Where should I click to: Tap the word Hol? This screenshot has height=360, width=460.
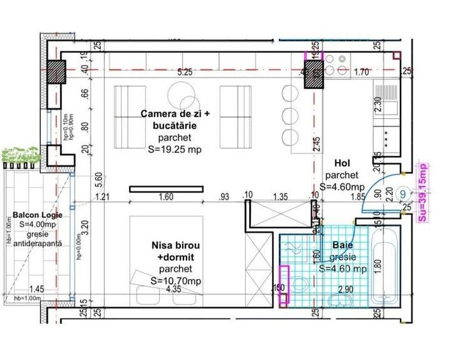(336, 164)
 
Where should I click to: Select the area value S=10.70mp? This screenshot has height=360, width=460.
(175, 280)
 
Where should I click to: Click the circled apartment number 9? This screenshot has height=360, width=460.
(402, 192)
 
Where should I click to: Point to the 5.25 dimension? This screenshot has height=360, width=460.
(185, 72)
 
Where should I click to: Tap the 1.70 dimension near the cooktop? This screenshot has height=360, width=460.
(362, 72)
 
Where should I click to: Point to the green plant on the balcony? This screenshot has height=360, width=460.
(18, 155)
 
